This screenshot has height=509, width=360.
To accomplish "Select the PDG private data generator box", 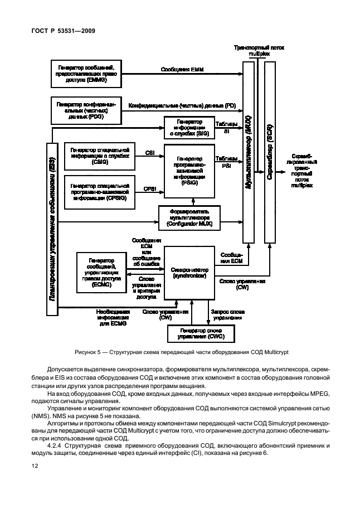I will (x=85, y=110).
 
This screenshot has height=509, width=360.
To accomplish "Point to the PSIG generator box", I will (x=188, y=170).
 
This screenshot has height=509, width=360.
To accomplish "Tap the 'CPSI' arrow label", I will (x=149, y=189).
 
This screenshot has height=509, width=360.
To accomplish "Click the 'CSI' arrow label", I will (x=149, y=152).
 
